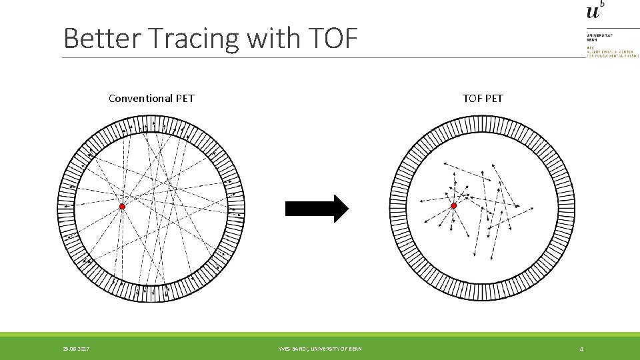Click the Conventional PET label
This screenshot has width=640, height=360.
click(x=151, y=99)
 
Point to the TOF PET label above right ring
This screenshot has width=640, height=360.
click(x=483, y=99)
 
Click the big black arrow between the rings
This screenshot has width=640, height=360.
click(x=317, y=209)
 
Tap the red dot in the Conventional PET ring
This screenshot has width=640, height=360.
click(x=122, y=207)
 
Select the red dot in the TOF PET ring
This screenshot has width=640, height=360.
click(x=453, y=205)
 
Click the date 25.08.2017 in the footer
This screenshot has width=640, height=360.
click(x=77, y=349)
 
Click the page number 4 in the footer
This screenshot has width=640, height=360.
click(x=581, y=349)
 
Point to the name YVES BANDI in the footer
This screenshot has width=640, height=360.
click(x=295, y=349)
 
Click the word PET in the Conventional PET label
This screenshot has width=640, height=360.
click(x=185, y=99)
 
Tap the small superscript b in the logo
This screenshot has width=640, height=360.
click(x=603, y=3)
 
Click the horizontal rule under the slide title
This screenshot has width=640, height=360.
click(x=320, y=57)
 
